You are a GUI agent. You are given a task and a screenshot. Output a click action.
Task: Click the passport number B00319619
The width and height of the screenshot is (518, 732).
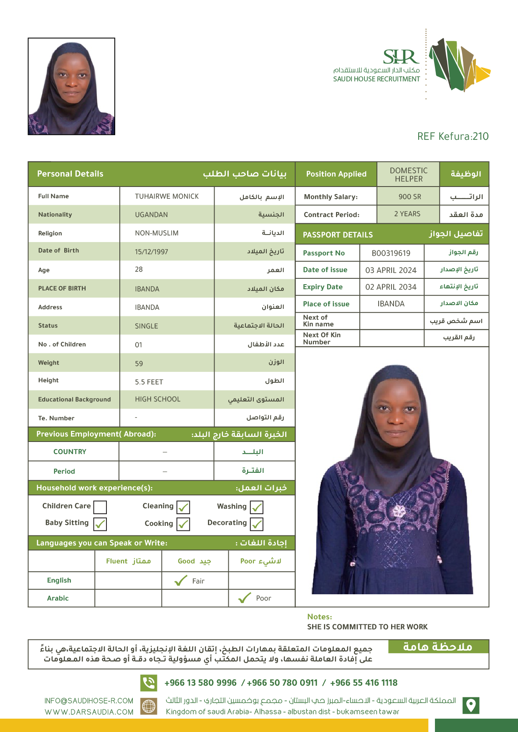coord(391,253)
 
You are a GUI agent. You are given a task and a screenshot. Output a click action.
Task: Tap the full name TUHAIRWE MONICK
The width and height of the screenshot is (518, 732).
coord(167,196)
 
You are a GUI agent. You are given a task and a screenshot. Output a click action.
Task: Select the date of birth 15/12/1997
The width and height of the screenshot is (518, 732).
coord(151,252)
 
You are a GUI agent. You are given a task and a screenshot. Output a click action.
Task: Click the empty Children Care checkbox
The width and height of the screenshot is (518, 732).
coord(100,507)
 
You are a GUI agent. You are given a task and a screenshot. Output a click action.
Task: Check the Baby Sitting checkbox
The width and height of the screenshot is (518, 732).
coord(100,524)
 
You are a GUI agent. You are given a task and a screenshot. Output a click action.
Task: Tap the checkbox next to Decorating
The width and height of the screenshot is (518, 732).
coord(257,524)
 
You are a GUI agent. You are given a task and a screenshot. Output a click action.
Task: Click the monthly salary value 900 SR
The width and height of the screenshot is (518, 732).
coord(409,197)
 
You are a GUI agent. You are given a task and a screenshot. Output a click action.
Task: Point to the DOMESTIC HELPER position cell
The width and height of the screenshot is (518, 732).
coord(409,174)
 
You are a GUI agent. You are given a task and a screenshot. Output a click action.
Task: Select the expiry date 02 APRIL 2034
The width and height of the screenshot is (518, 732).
coord(391,287)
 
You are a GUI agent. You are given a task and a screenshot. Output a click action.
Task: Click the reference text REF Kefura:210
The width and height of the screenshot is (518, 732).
coord(453,136)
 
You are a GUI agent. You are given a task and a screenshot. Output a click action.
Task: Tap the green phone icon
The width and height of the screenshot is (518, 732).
coord(149,683)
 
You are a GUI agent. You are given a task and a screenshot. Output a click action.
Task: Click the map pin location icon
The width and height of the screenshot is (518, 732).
coord(471,705)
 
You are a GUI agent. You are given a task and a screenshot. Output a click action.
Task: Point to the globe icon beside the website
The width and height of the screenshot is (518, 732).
coord(149,706)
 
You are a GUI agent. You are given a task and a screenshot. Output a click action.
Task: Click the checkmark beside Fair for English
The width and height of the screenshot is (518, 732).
coord(181,581)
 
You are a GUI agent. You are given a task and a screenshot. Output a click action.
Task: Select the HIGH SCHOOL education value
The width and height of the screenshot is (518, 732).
coord(157,399)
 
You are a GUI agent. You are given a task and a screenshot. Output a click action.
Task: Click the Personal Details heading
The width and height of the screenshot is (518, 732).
coord(70,174)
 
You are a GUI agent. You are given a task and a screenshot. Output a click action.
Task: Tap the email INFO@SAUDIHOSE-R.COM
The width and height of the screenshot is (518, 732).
coord(89,701)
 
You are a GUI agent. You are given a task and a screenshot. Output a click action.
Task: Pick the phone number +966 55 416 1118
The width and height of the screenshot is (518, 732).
coord(364,683)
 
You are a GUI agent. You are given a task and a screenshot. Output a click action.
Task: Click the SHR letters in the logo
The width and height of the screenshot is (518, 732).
coord(401,57)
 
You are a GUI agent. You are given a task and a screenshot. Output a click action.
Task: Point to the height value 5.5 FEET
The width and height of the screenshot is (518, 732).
coord(149,382)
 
